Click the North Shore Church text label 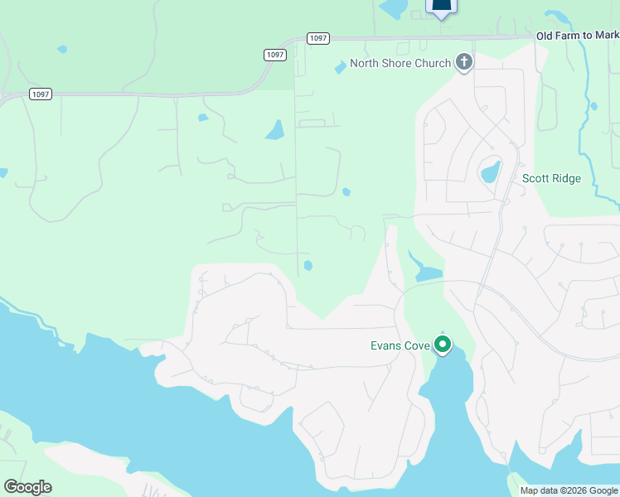tap(400, 64)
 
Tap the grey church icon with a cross tap(464, 62)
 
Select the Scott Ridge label tap(551, 178)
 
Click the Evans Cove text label tap(400, 345)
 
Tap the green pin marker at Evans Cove tap(443, 344)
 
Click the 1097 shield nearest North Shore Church tap(317, 38)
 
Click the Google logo tap(27, 487)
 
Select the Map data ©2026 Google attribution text tap(569, 490)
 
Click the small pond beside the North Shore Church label tap(340, 68)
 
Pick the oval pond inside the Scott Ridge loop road tap(491, 171)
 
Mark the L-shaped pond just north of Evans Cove tap(424, 270)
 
